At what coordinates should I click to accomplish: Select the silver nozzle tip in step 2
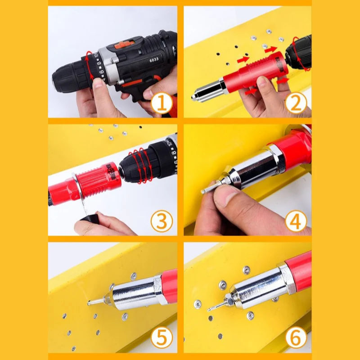(198, 96)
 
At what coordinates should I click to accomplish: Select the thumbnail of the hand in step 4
(230, 194)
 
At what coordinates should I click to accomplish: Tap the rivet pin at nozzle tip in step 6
(213, 307)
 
